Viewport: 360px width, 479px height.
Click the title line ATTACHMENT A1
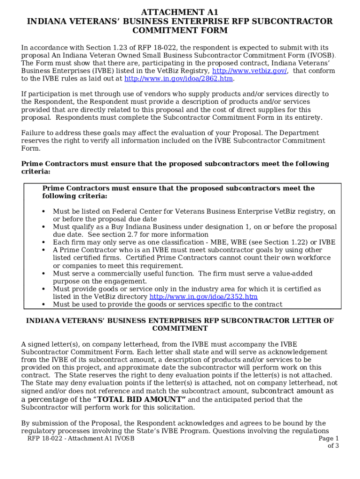pyautogui.click(x=180, y=12)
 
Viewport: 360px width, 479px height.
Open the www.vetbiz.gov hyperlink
pyautogui.click(x=250, y=71)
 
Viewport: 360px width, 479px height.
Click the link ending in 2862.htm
pyautogui.click(x=178, y=79)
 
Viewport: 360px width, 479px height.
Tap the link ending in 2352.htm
pyautogui.click(x=203, y=297)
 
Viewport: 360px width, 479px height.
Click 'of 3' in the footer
pyautogui.click(x=333, y=446)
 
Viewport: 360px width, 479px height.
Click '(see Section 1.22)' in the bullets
pyautogui.click(x=273, y=242)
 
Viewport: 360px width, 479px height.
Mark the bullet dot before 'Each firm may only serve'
pyautogui.click(x=43, y=242)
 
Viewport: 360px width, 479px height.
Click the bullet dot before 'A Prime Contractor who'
pyautogui.click(x=43, y=250)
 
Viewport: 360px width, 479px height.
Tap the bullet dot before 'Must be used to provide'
pyautogui.click(x=43, y=305)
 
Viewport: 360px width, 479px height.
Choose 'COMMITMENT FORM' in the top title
pyautogui.click(x=180, y=31)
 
